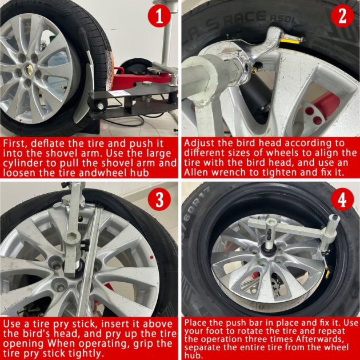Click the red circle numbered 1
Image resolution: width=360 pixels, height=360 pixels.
(x=159, y=15)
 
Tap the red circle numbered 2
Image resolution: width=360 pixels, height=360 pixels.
(x=342, y=15)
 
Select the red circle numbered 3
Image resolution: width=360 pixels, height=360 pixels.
(x=159, y=199)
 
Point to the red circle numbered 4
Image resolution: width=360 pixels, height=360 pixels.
(x=342, y=199)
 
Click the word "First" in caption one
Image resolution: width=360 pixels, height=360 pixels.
(x=15, y=144)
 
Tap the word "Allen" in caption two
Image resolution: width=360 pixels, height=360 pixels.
(x=196, y=172)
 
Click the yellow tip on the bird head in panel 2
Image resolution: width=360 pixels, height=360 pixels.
(x=290, y=41)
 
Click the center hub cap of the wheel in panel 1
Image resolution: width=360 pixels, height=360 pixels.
(x=29, y=69)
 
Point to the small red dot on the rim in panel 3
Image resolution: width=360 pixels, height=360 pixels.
(x=151, y=257)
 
